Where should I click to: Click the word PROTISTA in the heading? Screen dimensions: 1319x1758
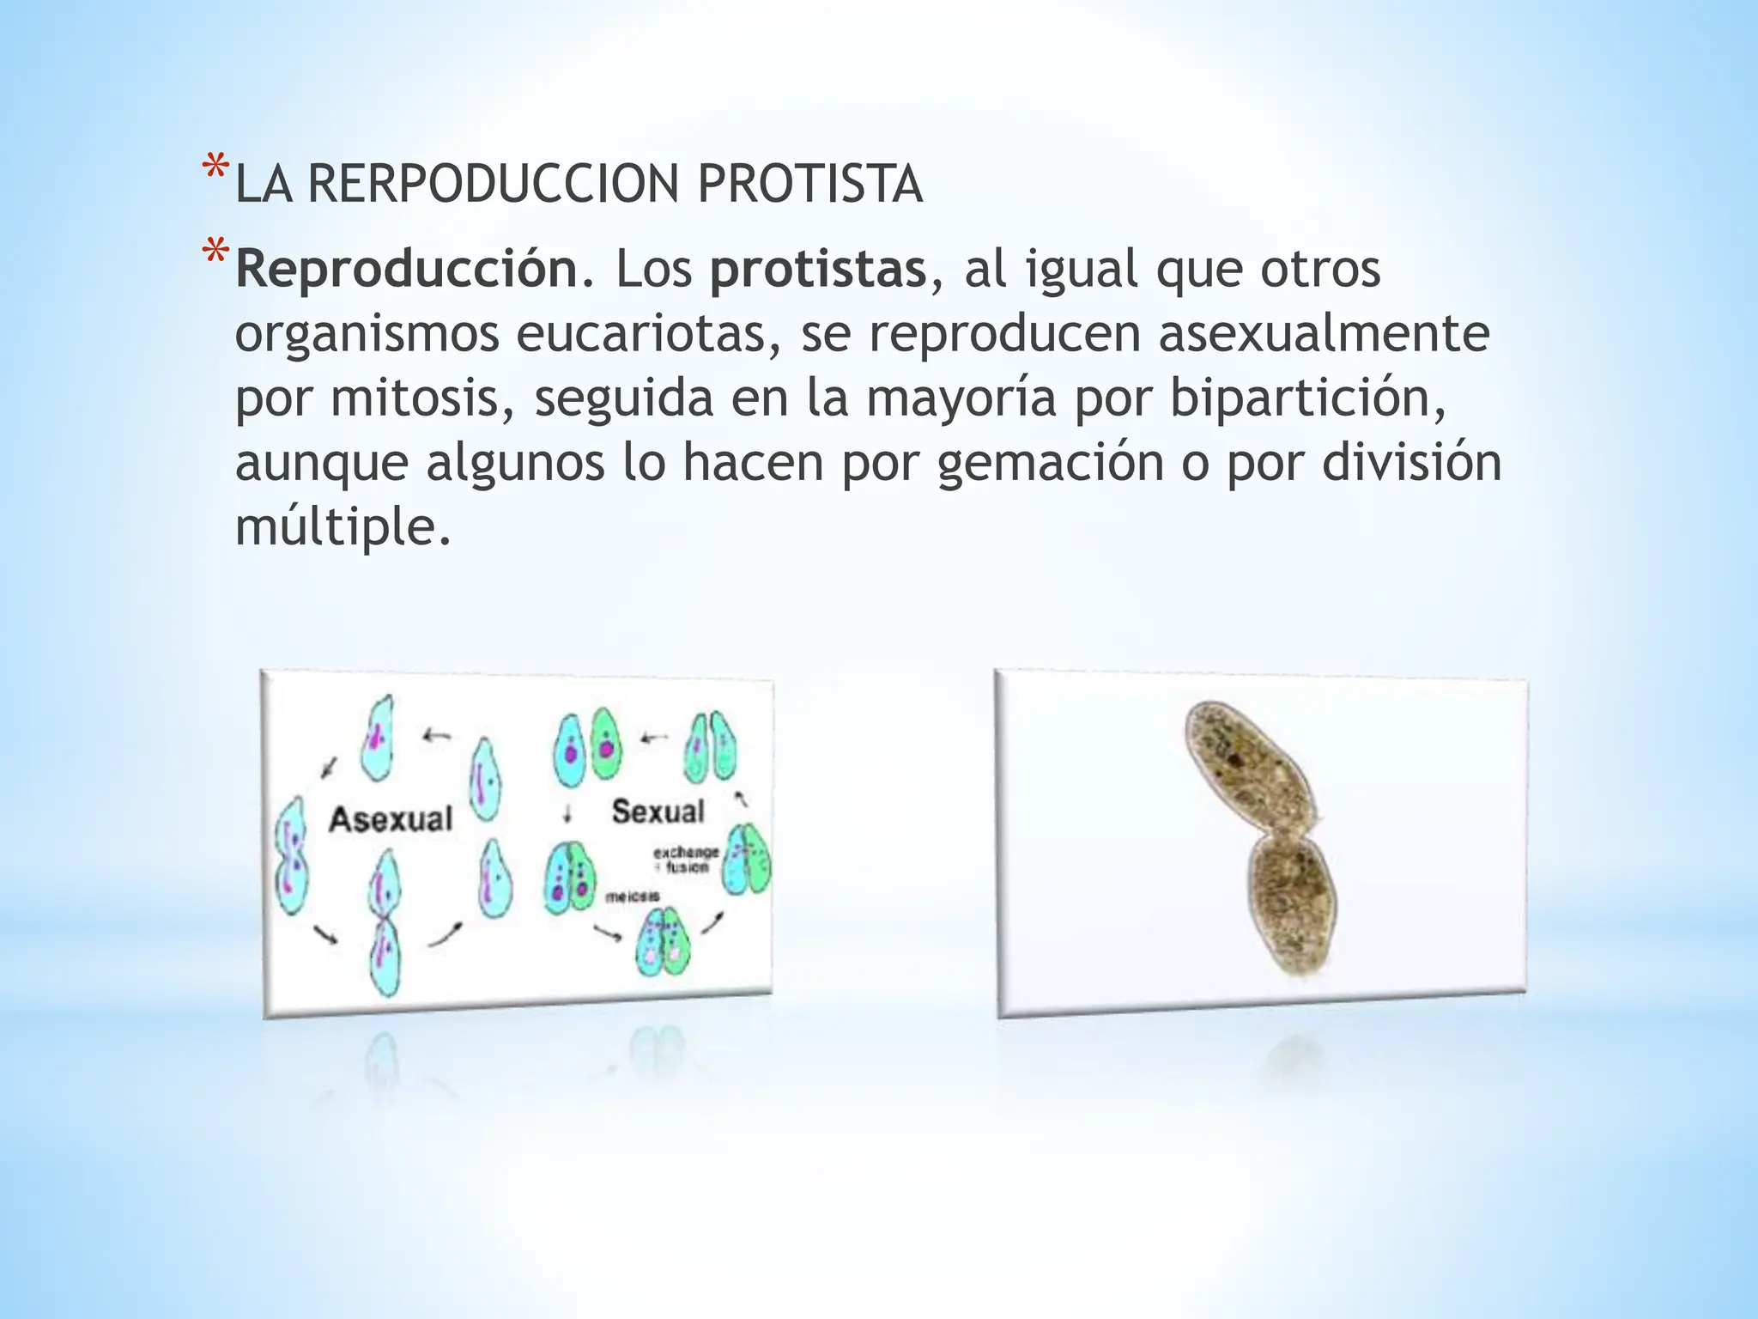(x=809, y=184)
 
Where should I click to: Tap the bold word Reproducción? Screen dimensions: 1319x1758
(x=407, y=269)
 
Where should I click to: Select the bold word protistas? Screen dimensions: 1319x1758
(x=818, y=269)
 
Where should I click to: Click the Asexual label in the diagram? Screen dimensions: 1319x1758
(x=391, y=819)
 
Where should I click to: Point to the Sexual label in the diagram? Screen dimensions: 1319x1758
(x=658, y=811)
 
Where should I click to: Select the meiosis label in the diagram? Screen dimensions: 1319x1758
(x=633, y=897)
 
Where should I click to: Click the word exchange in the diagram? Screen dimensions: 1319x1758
(x=686, y=852)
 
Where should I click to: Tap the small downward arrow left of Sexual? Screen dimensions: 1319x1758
(x=567, y=813)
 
